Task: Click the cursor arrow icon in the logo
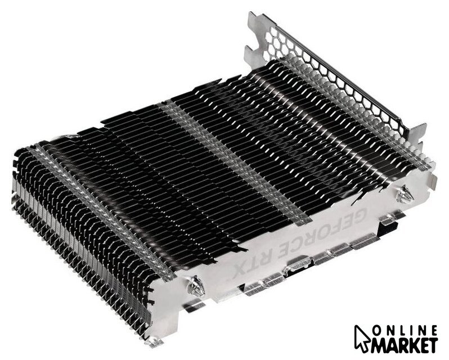(363, 338)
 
